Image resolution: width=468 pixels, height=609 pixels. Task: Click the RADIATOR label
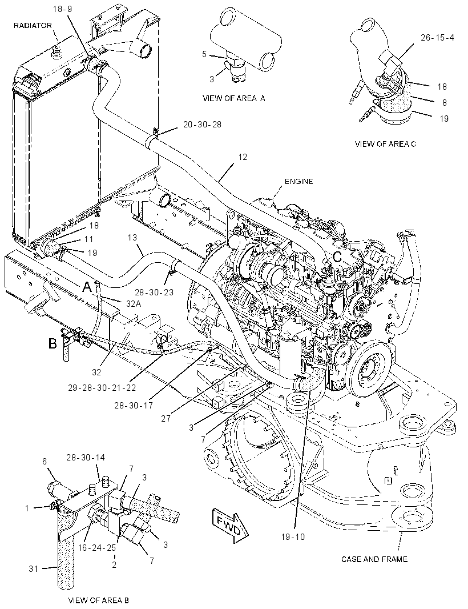point(33,26)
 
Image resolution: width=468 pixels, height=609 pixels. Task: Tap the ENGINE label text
point(298,181)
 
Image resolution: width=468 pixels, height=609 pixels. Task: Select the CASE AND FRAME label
point(374,559)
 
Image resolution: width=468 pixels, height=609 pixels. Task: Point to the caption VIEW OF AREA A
point(233,99)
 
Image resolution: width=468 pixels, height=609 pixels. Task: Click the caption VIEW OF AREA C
point(385,144)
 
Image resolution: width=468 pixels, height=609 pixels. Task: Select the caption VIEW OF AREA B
point(98,600)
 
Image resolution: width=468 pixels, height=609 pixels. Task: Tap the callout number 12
point(243,157)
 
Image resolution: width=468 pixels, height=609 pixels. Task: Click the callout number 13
point(132,237)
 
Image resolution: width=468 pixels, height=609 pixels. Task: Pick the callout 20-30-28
point(202,125)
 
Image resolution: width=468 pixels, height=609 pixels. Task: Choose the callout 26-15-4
point(437,38)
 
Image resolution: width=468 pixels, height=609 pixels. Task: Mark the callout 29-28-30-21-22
point(102,387)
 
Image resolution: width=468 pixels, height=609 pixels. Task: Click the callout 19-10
point(293,537)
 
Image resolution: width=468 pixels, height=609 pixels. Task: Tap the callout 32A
point(133,304)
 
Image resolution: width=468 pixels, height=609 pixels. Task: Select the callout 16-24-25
point(97,548)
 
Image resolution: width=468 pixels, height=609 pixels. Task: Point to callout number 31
point(33,568)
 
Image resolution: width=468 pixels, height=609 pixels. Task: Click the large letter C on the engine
point(337,257)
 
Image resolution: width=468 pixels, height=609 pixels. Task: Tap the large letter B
point(53,343)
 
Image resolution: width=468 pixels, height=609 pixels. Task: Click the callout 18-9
point(62,9)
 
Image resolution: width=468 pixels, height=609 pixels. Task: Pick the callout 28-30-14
point(86,458)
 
